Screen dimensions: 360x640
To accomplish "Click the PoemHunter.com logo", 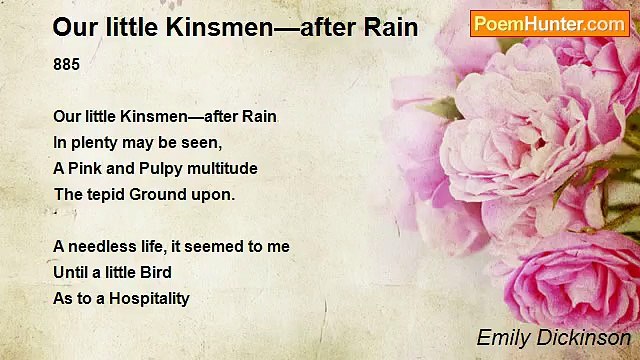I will click(549, 23).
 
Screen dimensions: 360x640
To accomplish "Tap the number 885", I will click(66, 64).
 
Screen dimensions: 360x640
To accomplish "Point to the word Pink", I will click(88, 168).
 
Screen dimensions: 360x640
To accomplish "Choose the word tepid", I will click(105, 194).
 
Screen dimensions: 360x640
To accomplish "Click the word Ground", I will click(162, 194).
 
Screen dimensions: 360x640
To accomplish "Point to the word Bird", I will click(154, 272).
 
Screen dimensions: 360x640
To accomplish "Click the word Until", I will click(71, 272).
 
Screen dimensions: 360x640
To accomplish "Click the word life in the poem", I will click(152, 246).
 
